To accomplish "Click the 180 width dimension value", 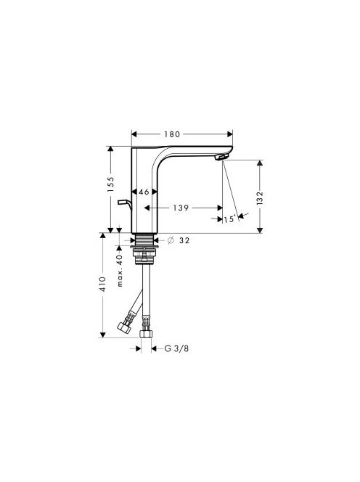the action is pos(172,134).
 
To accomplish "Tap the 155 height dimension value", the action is pos(110,184).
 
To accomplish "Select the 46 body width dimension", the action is pos(144,192).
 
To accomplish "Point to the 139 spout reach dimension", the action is pos(181,208).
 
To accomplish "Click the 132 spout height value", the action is pos(260,198).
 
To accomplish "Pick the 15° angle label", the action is pos(230,219).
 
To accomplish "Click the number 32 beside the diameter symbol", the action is pos(184,240).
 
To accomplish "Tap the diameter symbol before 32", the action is pos(171,240).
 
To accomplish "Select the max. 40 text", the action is pos(120,271).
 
